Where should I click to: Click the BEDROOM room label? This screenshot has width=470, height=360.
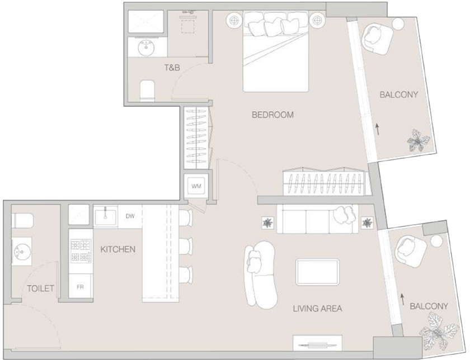(272, 115)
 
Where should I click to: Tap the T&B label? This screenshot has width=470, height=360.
(172, 68)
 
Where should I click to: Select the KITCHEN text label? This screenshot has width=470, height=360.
(118, 249)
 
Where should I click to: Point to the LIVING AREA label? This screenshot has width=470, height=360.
(317, 308)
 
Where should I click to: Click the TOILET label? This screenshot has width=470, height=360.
(40, 288)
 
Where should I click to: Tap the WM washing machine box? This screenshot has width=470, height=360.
(196, 186)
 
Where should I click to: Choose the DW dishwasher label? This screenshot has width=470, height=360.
(130, 216)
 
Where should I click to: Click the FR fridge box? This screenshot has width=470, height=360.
(80, 287)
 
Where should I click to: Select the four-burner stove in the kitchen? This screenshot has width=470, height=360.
(81, 250)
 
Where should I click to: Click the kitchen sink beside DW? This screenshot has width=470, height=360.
(106, 217)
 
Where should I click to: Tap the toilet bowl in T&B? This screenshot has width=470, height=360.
(147, 91)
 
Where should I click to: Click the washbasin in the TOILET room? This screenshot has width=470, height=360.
(22, 252)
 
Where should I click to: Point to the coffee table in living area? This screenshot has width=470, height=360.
(317, 272)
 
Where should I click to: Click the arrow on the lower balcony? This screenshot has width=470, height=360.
(402, 299)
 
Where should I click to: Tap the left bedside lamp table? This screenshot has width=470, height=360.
(234, 20)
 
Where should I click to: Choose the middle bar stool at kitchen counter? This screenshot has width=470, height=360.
(186, 246)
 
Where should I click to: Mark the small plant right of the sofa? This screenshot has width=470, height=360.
(367, 223)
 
